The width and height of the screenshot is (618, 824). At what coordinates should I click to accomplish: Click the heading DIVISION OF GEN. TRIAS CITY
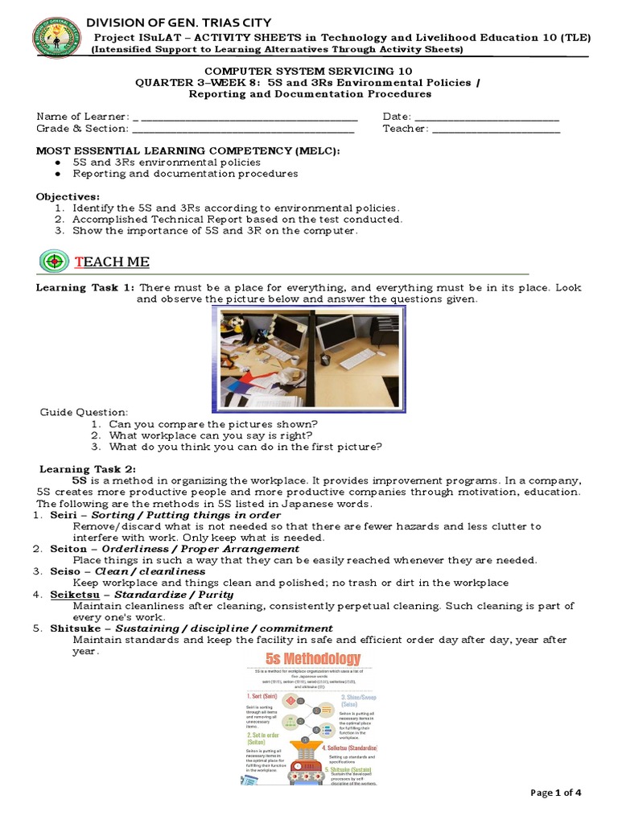pos(179,22)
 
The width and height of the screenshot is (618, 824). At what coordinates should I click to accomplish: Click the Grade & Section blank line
pos(243,130)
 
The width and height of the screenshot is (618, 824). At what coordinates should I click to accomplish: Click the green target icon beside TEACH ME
pos(54,262)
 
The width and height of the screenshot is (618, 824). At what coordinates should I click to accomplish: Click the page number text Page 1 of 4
pos(556,793)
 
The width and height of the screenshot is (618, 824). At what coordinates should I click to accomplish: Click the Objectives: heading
pos(68,196)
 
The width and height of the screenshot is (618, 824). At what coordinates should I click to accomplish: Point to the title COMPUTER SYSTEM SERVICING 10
pos(309,72)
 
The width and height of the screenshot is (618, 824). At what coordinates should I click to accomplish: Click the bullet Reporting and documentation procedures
pos(185,173)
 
